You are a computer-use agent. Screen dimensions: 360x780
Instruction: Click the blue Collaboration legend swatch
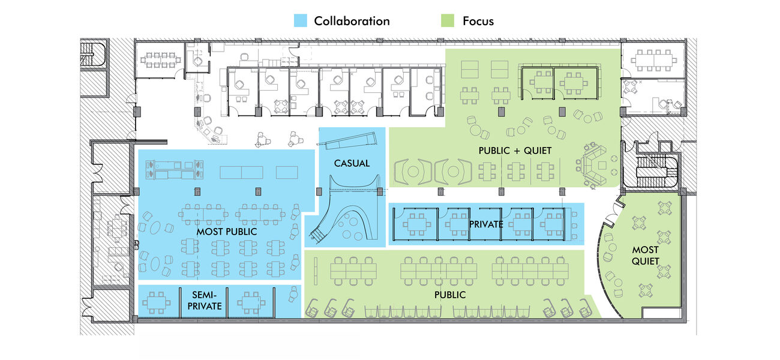point(301,21)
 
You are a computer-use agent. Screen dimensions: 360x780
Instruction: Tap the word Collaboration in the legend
point(352,21)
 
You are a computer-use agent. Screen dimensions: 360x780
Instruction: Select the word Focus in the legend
point(478,21)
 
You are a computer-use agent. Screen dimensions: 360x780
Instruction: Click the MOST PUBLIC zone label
point(227,231)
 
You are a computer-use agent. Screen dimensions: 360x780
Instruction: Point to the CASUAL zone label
point(352,163)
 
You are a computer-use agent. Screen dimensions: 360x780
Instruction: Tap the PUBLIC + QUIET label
point(515,150)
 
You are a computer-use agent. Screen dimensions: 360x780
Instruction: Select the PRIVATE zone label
point(487,224)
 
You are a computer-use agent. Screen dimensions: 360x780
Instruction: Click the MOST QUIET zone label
point(645,255)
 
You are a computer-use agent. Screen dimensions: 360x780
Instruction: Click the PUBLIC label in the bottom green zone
point(450,295)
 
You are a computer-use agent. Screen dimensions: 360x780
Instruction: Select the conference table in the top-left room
point(157,59)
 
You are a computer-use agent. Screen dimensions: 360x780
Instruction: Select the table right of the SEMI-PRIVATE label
point(251,300)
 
